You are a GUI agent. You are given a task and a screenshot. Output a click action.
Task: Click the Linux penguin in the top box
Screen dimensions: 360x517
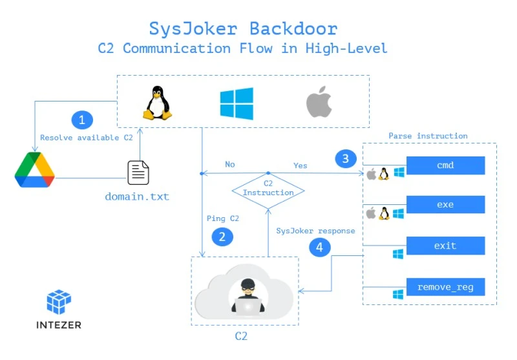click(x=157, y=103)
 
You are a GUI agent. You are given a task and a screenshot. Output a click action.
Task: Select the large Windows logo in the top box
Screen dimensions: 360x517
click(x=237, y=104)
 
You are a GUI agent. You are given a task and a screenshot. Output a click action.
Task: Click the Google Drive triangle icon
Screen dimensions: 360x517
click(x=35, y=170)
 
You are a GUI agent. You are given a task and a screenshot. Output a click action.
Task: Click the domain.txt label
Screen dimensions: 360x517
click(x=137, y=196)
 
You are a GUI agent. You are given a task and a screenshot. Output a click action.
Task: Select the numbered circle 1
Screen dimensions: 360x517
click(x=82, y=120)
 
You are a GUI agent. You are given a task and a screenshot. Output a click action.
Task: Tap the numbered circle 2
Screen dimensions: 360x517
click(x=222, y=237)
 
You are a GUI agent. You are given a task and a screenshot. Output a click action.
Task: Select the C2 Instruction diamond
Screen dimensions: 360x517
click(x=268, y=188)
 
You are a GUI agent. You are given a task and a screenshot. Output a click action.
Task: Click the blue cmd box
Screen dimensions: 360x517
click(x=445, y=165)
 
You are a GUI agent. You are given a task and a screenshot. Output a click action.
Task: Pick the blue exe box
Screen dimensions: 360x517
click(x=445, y=205)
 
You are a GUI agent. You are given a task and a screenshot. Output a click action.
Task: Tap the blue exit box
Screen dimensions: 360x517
click(x=445, y=246)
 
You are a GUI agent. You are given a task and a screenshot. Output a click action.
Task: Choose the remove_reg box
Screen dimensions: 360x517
click(x=445, y=287)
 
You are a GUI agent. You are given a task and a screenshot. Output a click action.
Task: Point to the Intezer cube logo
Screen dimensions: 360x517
click(x=59, y=302)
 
